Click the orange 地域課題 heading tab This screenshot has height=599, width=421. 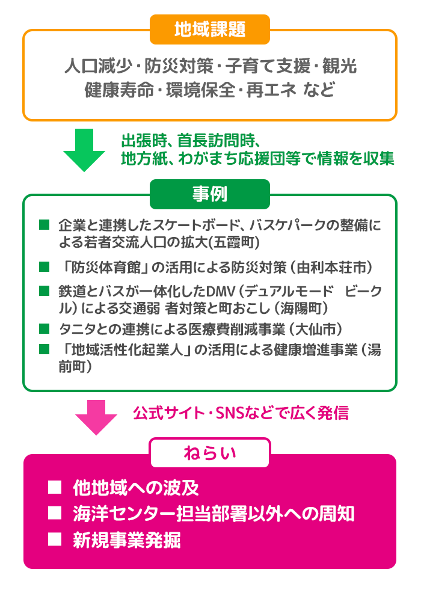[210, 29]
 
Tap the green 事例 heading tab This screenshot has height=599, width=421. [210, 194]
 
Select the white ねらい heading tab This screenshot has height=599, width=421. [210, 453]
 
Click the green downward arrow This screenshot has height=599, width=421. [84, 150]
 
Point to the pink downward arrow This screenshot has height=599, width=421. [96, 417]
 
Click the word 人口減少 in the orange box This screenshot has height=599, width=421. [98, 66]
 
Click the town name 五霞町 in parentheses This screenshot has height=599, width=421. [234, 242]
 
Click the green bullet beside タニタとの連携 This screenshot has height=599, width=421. [45, 328]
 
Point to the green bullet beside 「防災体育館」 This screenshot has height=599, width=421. [45, 266]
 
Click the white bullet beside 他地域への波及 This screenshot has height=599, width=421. [55, 488]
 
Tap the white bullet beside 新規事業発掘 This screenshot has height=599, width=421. [55, 539]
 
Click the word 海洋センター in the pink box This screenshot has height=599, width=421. [124, 514]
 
